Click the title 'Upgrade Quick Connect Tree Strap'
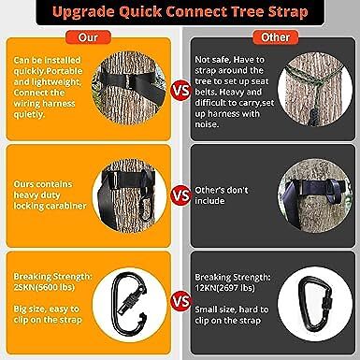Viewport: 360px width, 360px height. click(180, 15)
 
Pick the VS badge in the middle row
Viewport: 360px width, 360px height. click(180, 195)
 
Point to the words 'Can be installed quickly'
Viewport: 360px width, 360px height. click(47, 65)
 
